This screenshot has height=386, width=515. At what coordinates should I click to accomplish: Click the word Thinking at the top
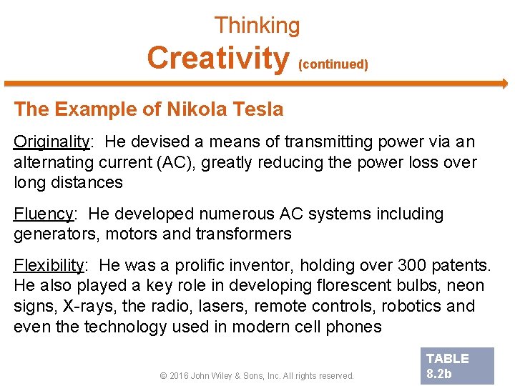click(257, 26)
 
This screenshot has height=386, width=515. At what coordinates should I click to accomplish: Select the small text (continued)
click(333, 64)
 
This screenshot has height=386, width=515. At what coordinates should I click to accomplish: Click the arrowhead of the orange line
click(504, 84)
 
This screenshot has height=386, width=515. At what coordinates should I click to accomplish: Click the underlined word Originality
click(50, 142)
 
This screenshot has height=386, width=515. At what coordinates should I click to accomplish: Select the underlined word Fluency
click(44, 214)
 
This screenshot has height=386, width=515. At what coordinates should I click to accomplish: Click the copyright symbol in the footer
click(165, 375)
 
